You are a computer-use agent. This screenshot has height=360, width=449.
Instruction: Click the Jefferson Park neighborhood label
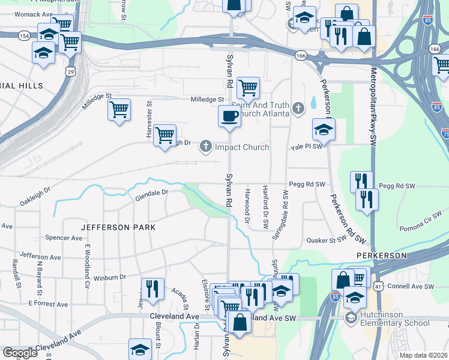pos(118,227)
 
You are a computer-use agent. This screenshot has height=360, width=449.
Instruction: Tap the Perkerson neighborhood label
pos(382,256)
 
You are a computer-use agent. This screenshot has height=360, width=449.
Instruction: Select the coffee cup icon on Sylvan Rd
pos(229,116)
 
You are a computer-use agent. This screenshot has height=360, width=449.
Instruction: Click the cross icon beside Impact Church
pos(206,146)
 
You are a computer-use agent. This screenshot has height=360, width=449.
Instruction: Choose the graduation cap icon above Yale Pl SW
pos(324,128)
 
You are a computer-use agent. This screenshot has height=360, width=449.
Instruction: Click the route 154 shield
pos(24,35)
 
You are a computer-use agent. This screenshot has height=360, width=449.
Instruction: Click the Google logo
pos(20,353)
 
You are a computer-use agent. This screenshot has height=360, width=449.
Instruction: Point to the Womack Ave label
pos(34,14)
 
